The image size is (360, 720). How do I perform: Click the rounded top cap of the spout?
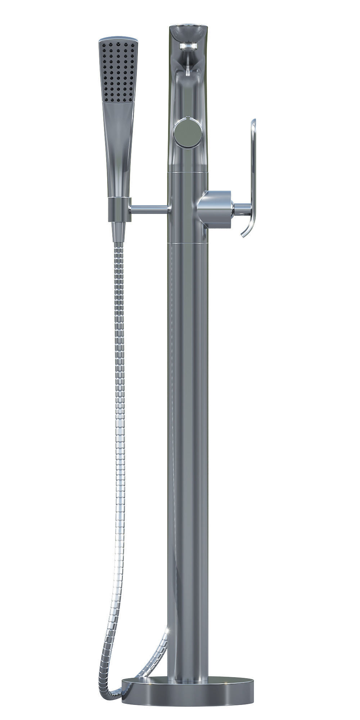188,29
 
